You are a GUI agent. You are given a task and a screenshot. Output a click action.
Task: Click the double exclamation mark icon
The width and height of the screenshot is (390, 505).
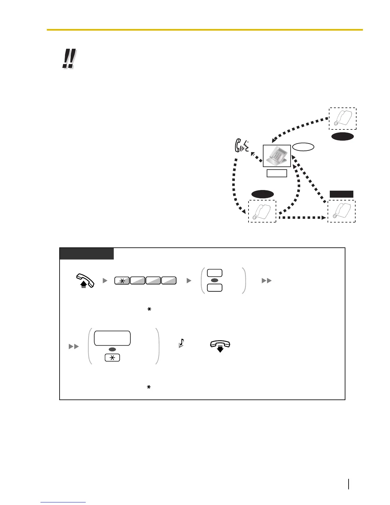point(69,59)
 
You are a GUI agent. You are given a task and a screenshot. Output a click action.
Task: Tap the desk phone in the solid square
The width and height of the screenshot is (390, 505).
point(277,156)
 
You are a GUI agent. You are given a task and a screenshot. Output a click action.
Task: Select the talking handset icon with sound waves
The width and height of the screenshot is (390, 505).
point(241,147)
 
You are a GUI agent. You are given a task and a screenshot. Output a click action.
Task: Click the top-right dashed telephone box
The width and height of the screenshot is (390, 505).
point(343,119)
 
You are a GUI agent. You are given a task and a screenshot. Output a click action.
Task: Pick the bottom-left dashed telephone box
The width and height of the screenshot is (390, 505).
point(262,211)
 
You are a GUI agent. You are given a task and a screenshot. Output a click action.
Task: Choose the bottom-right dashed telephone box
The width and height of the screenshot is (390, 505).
point(342,211)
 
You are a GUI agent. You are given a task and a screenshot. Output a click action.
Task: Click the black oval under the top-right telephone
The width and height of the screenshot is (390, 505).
point(343,136)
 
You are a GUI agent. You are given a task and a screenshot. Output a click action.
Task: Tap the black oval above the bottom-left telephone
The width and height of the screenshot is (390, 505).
point(263,194)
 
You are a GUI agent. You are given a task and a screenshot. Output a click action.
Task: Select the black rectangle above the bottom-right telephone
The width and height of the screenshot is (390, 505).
point(341,194)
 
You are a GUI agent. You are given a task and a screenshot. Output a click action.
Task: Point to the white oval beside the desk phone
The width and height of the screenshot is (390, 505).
point(303,147)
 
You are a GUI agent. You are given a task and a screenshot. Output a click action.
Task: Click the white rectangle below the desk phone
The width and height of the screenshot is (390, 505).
point(277,173)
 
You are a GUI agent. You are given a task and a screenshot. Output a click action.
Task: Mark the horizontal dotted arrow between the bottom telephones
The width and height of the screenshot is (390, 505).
point(303,218)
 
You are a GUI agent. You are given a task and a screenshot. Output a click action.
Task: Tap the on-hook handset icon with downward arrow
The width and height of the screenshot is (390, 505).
point(220,345)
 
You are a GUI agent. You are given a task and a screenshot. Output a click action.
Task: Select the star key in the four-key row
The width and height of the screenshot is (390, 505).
point(122,281)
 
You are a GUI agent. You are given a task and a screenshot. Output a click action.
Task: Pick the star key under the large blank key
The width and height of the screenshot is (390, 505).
point(112,358)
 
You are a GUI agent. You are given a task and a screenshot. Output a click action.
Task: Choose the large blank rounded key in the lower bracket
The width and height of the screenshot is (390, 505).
point(112,338)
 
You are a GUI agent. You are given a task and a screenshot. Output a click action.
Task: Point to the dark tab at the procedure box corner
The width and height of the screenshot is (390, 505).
point(87,254)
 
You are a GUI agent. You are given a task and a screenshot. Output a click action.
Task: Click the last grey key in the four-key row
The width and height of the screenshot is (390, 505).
point(169,281)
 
